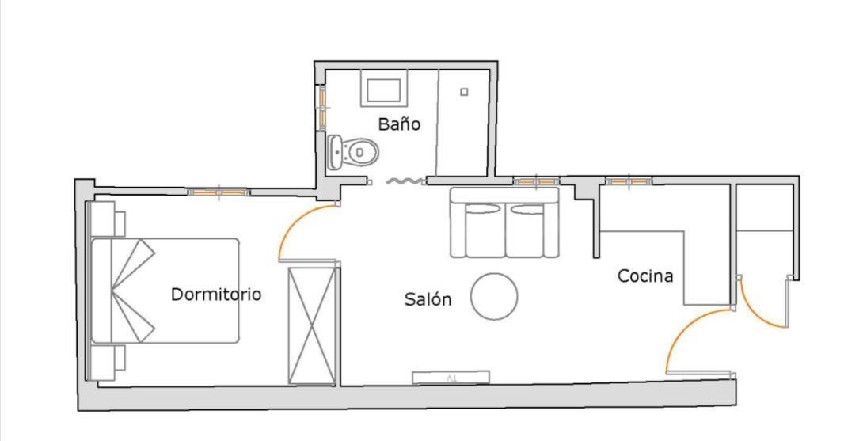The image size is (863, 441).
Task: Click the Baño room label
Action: coord(399,124)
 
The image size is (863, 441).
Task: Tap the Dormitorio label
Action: coord(215,294)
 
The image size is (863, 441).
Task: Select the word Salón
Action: coord(428,299)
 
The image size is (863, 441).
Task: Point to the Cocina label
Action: coord(645,276)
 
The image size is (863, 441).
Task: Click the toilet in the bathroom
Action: coord(353,152)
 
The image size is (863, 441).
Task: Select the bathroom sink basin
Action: coord(384,89)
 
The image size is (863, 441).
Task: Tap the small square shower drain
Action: coord(464,92)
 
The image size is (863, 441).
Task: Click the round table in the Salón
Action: coord(494,296)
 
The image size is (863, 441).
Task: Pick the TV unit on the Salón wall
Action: coord(451,377)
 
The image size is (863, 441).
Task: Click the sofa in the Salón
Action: coord(504,222)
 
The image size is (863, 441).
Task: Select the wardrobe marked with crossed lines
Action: coord(312,325)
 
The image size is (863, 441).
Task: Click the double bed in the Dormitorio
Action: coord(165,290)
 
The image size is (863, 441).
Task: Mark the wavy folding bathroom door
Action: coord(405,181)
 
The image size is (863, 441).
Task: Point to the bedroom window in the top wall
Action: coord(219,192)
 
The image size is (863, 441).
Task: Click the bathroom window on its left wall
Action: coord(322,107)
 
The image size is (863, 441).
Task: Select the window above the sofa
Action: coord(536,181)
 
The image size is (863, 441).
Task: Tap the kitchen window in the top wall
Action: coord(629,181)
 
